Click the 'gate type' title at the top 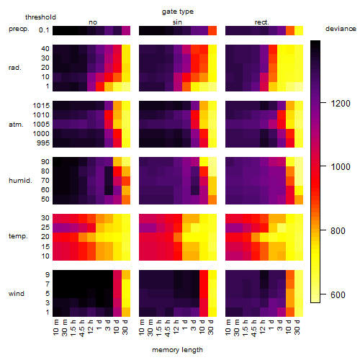[178, 12]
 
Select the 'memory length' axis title [177, 350]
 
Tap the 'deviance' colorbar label [341, 29]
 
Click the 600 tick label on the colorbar [338, 294]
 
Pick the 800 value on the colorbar [338, 231]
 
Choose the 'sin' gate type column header [177, 22]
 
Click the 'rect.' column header [262, 22]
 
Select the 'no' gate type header [93, 22]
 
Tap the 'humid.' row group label [20, 181]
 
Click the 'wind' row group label [17, 294]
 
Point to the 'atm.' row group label [16, 125]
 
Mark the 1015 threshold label [41, 106]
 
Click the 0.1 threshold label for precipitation [44, 30]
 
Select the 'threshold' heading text [40, 17]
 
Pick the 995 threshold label [43, 143]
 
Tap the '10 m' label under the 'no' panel [55, 328]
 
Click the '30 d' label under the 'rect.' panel [297, 327]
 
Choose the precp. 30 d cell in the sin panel [212, 31]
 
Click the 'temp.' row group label [18, 236]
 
